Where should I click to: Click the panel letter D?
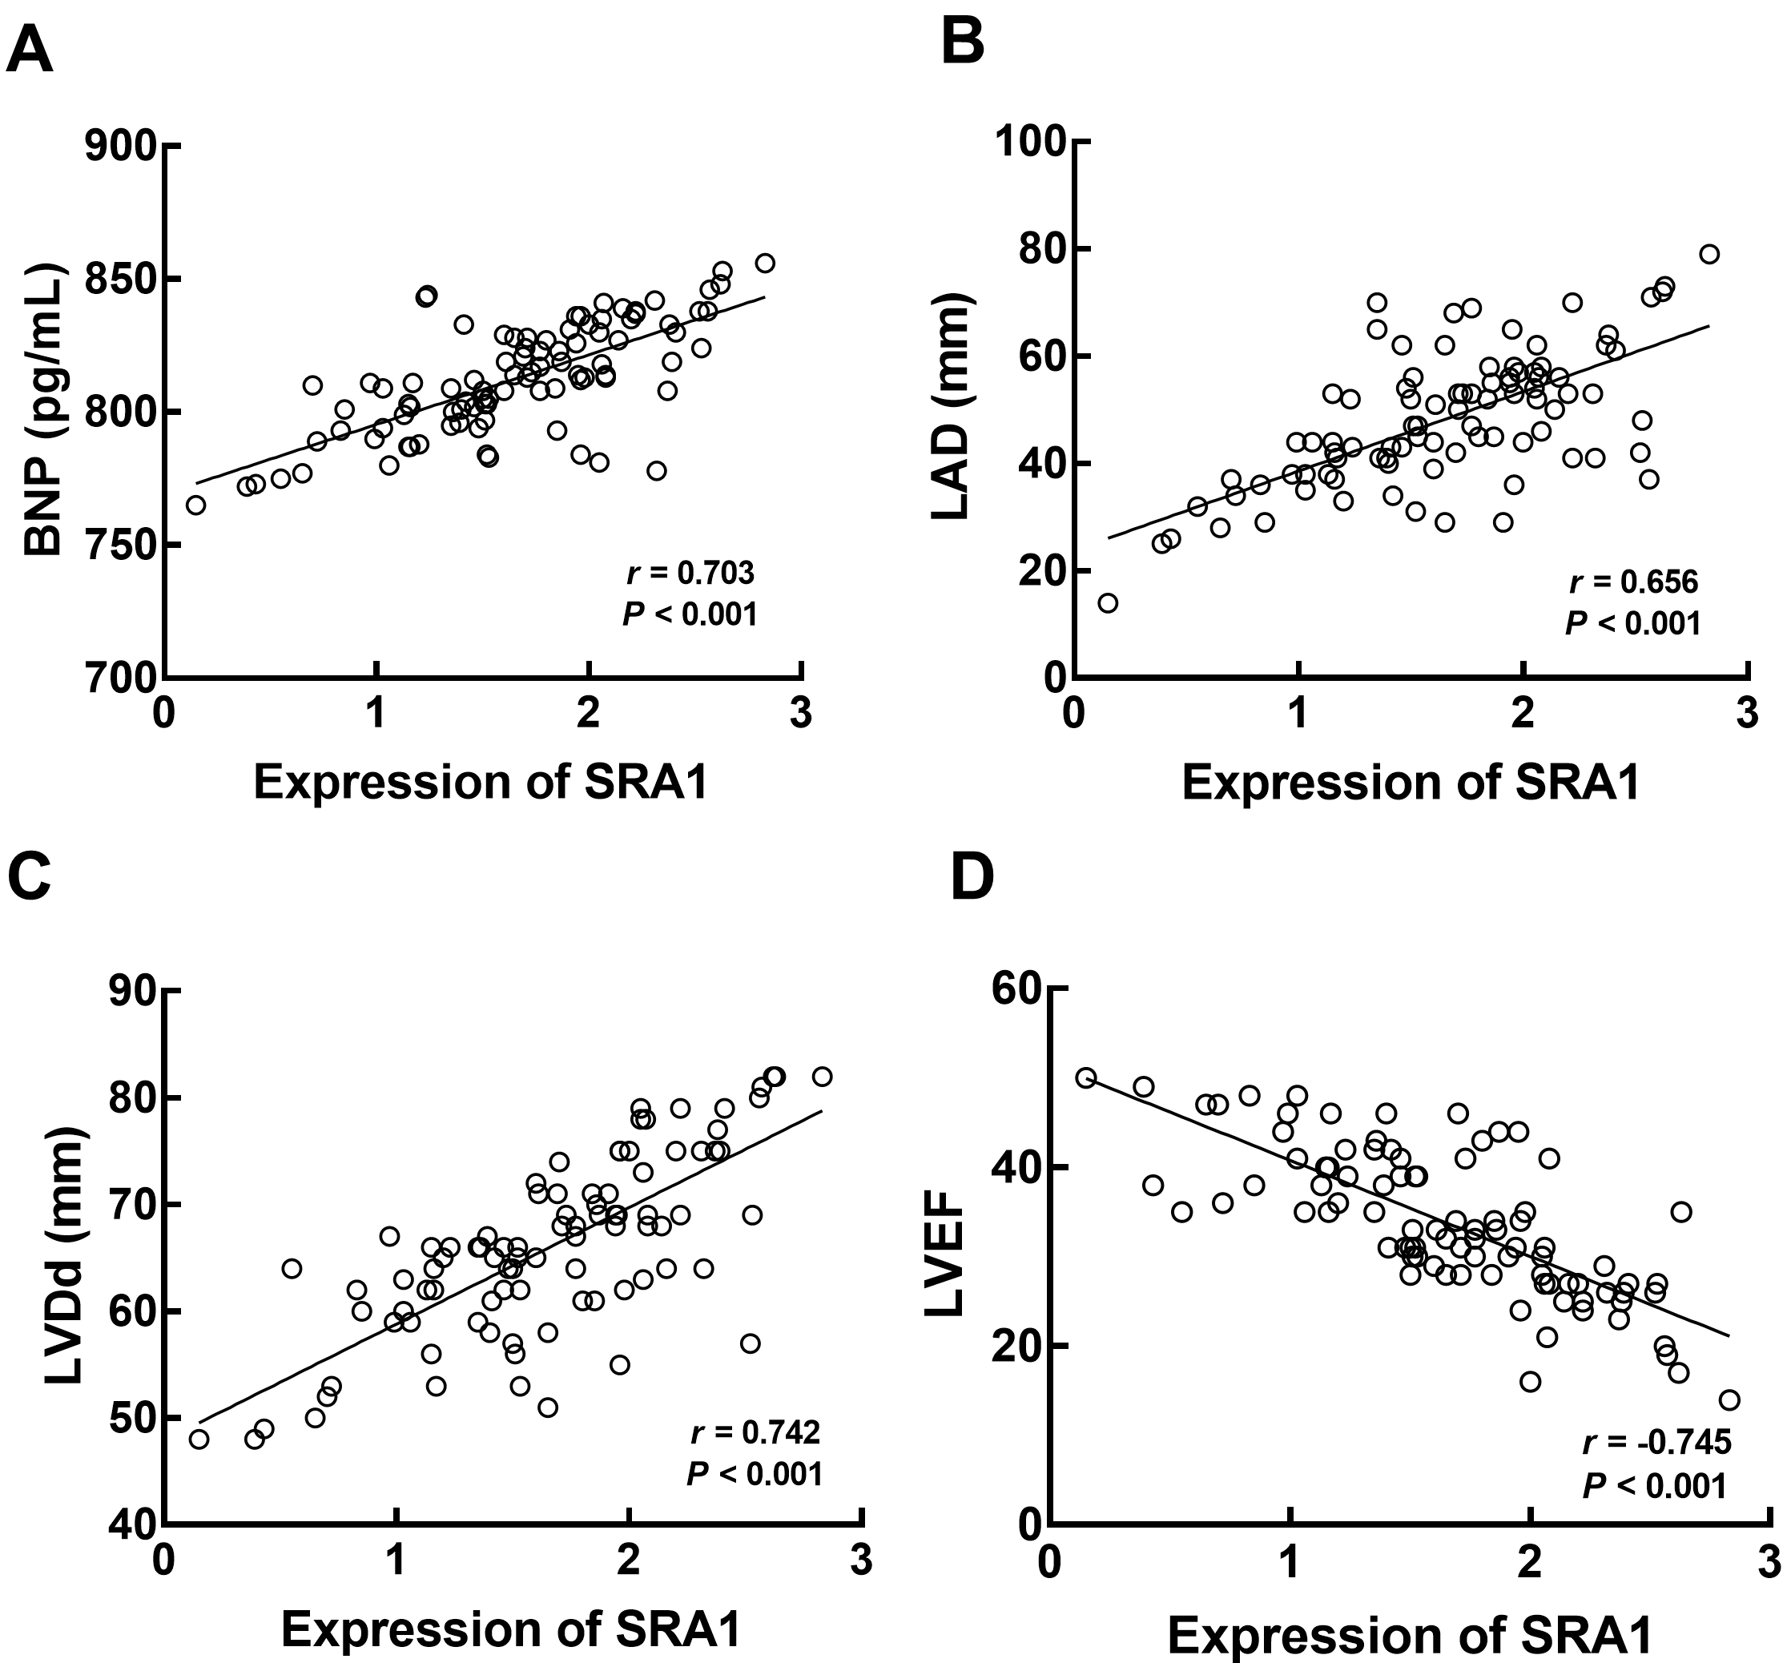pyautogui.click(x=972, y=877)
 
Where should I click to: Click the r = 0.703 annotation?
pyautogui.click(x=690, y=572)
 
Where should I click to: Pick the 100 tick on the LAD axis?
pyautogui.click(x=1028, y=142)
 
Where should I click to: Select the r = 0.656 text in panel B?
pyautogui.click(x=1633, y=582)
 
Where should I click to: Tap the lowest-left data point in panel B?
pyautogui.click(x=1108, y=603)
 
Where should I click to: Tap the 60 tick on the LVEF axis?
pyautogui.click(x=1020, y=989)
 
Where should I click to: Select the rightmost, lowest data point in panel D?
pyautogui.click(x=1729, y=1399)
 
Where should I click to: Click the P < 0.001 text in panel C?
pyautogui.click(x=755, y=1474)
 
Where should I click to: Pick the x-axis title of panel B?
pyautogui.click(x=1410, y=782)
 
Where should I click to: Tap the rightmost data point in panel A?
pyautogui.click(x=765, y=264)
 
